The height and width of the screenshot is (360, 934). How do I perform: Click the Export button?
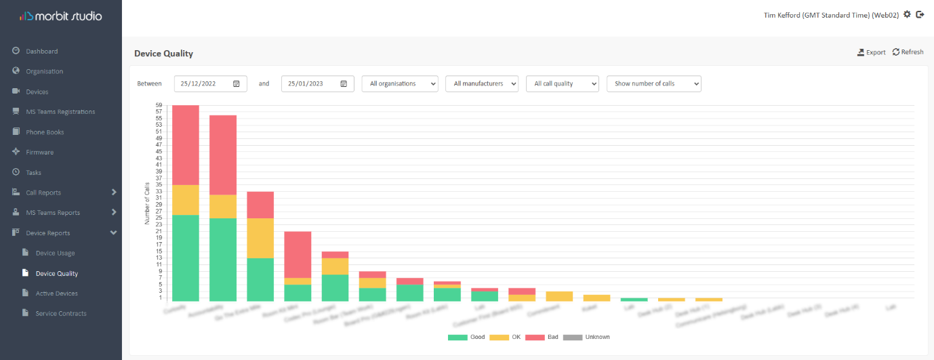(872, 52)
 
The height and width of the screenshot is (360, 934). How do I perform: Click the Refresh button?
(908, 52)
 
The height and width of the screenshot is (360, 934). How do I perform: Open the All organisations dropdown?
(399, 83)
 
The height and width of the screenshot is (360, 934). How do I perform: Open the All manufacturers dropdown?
(482, 83)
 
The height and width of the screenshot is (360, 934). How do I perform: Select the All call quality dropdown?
(562, 83)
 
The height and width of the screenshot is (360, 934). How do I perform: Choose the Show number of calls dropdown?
(653, 83)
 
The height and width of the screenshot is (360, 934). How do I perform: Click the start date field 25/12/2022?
(210, 83)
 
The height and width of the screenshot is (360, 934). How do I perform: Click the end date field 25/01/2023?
(317, 83)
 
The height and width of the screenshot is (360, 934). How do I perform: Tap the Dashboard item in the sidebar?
(41, 52)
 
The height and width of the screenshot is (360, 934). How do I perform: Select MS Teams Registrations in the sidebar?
(60, 112)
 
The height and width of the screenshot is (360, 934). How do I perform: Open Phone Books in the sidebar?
(45, 132)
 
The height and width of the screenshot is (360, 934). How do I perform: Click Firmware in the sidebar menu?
(39, 153)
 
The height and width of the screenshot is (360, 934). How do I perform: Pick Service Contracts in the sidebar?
(61, 313)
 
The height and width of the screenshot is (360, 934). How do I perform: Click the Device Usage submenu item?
(55, 253)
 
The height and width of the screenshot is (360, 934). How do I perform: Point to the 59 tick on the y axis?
(159, 105)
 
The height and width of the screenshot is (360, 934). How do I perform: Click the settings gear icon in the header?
(908, 14)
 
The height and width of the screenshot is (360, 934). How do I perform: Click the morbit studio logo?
(60, 16)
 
